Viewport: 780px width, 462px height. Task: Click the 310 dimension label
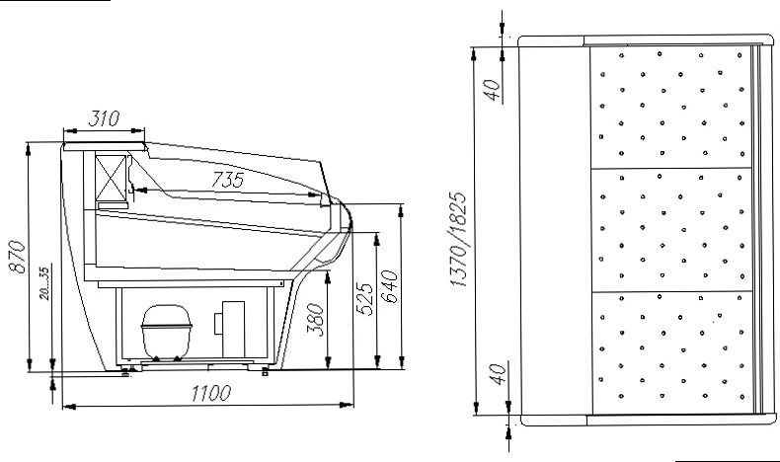tap(104, 118)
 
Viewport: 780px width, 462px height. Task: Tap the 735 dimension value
tap(227, 180)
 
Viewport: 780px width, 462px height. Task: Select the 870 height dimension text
tap(18, 257)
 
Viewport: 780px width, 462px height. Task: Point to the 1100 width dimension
tap(211, 393)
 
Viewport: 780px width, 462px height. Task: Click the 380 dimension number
tap(315, 319)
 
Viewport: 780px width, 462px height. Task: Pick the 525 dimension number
tap(365, 299)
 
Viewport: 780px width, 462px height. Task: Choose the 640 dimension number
tap(389, 287)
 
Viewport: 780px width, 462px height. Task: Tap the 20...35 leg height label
tap(44, 283)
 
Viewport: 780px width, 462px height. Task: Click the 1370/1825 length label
tap(458, 239)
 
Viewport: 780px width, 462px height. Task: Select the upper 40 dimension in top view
tap(493, 90)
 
